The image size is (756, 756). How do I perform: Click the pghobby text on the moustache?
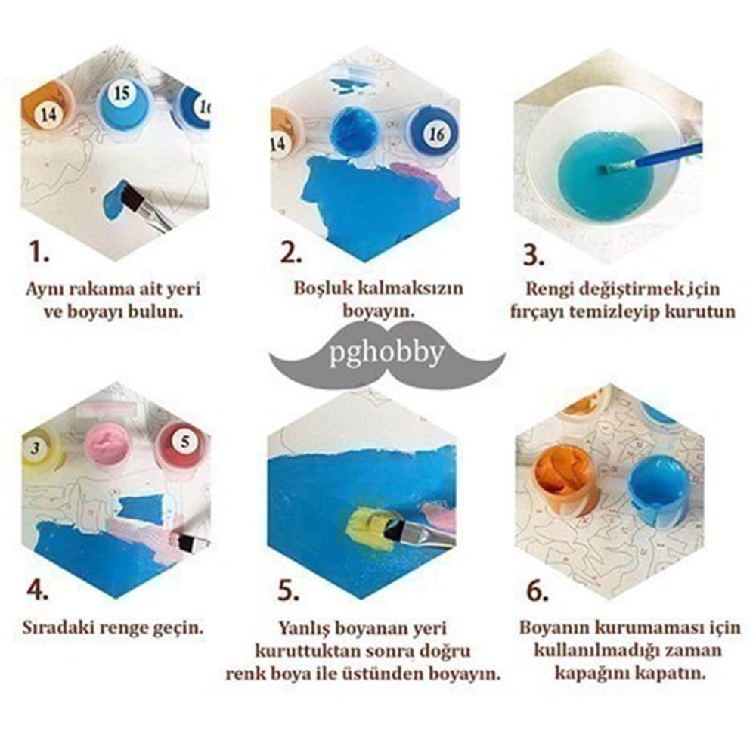click(x=386, y=353)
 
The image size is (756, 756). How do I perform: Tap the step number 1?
click(x=39, y=252)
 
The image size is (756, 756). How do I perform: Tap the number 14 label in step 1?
click(x=48, y=115)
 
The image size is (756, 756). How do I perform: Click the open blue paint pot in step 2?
click(x=356, y=131)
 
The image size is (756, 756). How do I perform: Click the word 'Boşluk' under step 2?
click(x=323, y=288)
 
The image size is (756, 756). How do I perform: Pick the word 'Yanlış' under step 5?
click(x=305, y=629)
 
